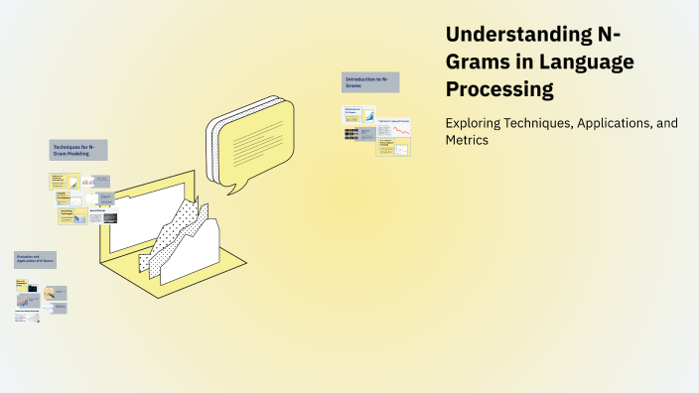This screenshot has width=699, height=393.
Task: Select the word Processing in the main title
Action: (x=498, y=90)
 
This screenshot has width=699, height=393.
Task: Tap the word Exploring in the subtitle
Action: (x=475, y=124)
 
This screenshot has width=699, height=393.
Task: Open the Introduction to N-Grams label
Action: (x=370, y=81)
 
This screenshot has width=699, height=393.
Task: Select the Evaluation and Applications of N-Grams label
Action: (x=35, y=259)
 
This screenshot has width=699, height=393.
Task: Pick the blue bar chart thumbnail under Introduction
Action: (x=369, y=114)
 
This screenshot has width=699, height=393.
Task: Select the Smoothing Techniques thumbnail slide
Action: (x=74, y=214)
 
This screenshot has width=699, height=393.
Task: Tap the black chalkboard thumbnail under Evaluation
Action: (x=33, y=293)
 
